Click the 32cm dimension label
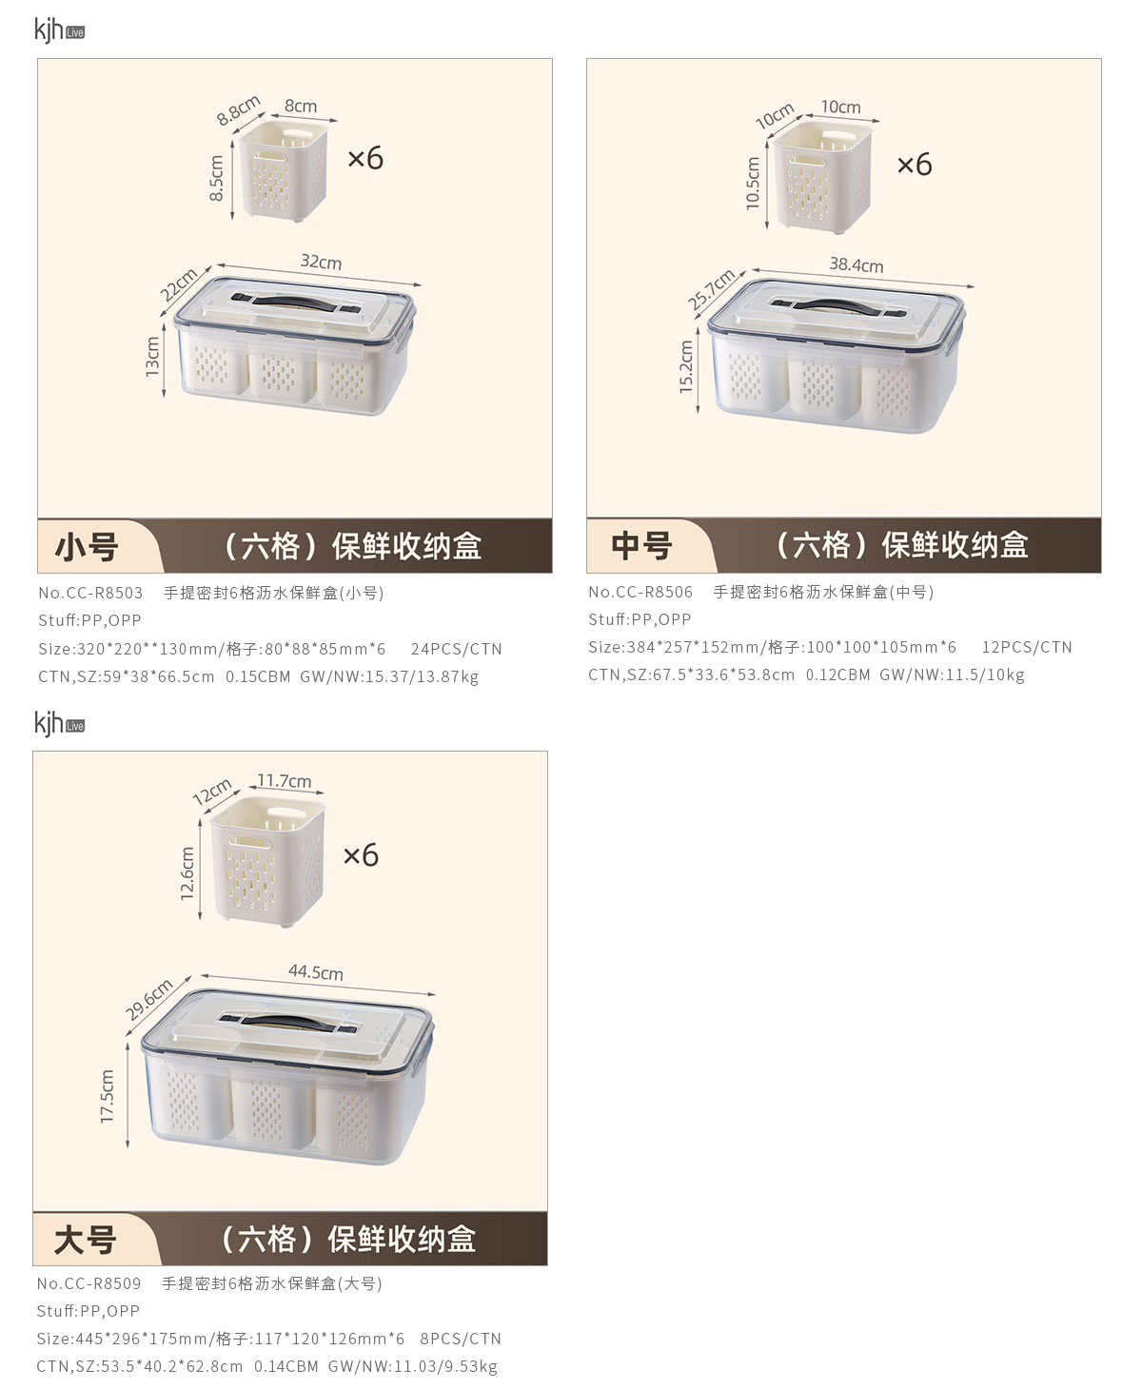point(321,263)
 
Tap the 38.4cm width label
point(856,264)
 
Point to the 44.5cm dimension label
point(316,972)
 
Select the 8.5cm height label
point(216,178)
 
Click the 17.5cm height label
point(107,1096)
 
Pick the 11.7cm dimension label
point(284,780)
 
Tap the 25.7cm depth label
point(711,289)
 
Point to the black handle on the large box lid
point(287,1022)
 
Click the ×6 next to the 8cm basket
point(365,158)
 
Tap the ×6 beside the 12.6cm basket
point(361,855)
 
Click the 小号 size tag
point(87,547)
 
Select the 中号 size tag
point(640,546)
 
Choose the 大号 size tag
point(85,1241)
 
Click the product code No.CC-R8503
point(90,593)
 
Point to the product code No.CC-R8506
point(640,592)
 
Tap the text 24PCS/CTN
point(456,650)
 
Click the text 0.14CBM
point(286,1366)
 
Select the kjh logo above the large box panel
point(59,724)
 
